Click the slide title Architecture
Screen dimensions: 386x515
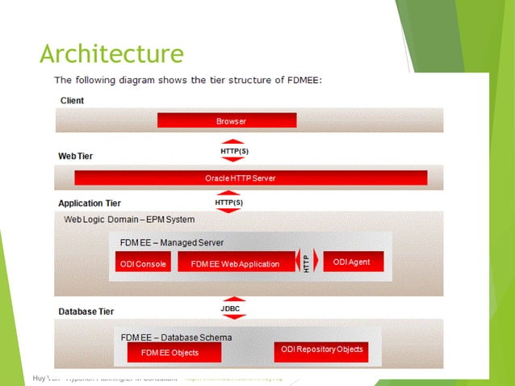pos(111,54)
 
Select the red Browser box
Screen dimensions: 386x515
pos(227,120)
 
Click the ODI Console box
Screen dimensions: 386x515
pos(143,263)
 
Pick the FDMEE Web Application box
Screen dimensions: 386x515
pos(235,263)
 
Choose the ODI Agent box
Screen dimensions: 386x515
pos(352,262)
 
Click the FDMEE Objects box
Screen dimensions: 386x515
pos(170,352)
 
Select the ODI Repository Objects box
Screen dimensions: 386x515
pos(320,350)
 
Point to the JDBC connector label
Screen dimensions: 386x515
pos(231,308)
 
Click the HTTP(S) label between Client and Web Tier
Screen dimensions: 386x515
pos(234,150)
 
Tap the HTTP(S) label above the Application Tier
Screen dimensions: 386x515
pos(229,202)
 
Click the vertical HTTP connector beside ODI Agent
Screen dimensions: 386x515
pos(307,262)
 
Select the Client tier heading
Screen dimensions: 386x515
pos(73,101)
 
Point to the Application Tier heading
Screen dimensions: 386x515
pos(90,203)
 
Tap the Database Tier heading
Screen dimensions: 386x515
pos(86,311)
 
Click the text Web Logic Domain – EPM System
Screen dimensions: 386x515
pos(129,219)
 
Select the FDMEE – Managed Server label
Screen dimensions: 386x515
pos(172,242)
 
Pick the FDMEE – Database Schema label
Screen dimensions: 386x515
pos(176,337)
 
